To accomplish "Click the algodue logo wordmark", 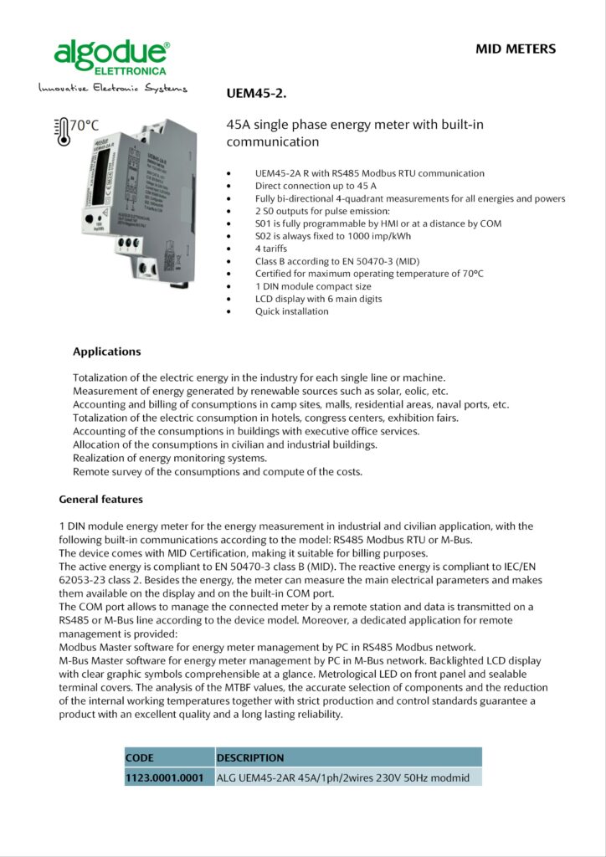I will pyautogui.click(x=110, y=53).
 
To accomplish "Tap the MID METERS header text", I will pyautogui.click(x=516, y=49).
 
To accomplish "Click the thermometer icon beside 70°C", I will pyautogui.click(x=60, y=131).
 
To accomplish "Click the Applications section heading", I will pyautogui.click(x=106, y=352).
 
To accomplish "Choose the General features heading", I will pyautogui.click(x=100, y=500).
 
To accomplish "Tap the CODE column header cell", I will pyautogui.click(x=140, y=758).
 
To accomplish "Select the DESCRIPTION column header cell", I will pyautogui.click(x=250, y=758).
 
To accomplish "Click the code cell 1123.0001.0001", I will pyautogui.click(x=165, y=777).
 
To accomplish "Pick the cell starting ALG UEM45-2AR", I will pyautogui.click(x=343, y=777).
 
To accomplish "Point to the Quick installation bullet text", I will pyautogui.click(x=291, y=311).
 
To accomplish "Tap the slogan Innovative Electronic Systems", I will pyautogui.click(x=112, y=88).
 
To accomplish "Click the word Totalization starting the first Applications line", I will pyautogui.click(x=103, y=377).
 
